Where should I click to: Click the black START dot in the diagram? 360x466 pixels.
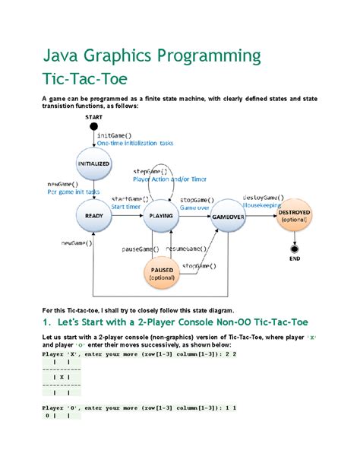(x=93, y=126)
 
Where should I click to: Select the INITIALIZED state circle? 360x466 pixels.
(x=93, y=163)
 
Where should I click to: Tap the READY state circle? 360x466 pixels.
(x=93, y=216)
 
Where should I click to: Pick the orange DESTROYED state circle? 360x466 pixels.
(x=292, y=216)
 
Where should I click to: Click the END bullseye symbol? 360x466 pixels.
(x=292, y=249)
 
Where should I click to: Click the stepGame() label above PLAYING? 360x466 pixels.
(x=150, y=172)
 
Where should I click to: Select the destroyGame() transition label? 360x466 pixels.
(x=264, y=197)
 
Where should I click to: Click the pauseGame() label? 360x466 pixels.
(x=141, y=249)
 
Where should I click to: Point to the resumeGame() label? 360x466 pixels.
(x=186, y=249)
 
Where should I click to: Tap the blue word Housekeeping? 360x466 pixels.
(x=263, y=204)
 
